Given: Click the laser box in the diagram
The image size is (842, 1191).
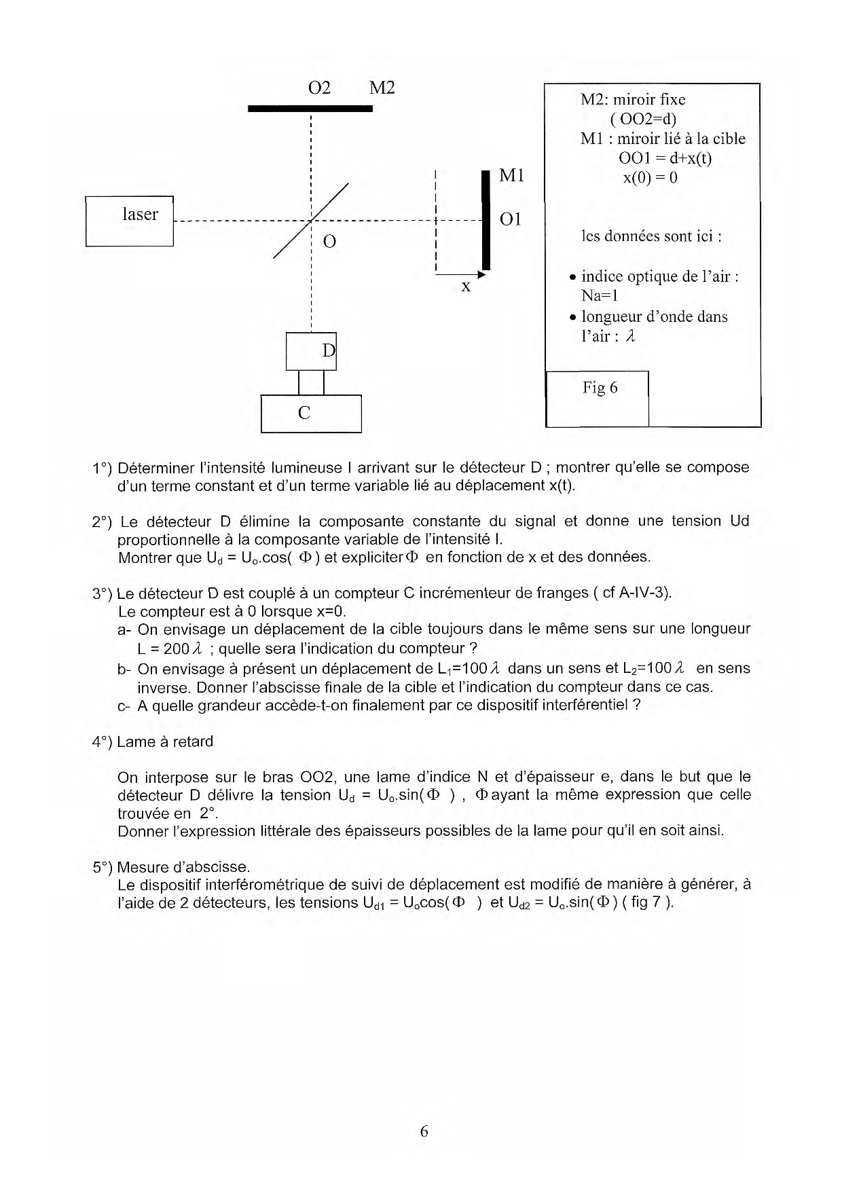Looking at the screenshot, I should pyautogui.click(x=129, y=221).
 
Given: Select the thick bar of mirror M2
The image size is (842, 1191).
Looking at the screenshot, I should pyautogui.click(x=310, y=108).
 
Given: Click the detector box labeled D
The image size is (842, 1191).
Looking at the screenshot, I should pyautogui.click(x=311, y=351).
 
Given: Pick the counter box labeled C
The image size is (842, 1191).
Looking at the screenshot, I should pyautogui.click(x=311, y=414).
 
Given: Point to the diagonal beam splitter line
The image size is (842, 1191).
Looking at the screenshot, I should pyautogui.click(x=311, y=221).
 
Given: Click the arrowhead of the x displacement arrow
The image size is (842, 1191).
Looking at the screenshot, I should pyautogui.click(x=481, y=274).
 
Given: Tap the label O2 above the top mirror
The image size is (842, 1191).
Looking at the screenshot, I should pyautogui.click(x=319, y=88).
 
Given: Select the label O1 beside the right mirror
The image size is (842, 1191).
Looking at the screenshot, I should pyautogui.click(x=510, y=219).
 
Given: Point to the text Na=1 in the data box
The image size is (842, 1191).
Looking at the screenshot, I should pyautogui.click(x=600, y=295).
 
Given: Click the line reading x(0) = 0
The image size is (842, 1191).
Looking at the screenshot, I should pyautogui.click(x=650, y=178).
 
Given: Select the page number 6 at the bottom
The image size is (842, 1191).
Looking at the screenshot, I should pyautogui.click(x=424, y=1131).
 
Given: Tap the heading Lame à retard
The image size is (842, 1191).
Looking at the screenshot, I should pyautogui.click(x=165, y=741).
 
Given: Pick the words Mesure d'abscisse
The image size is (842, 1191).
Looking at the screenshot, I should pyautogui.click(x=183, y=867).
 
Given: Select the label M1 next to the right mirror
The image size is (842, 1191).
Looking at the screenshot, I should pyautogui.click(x=511, y=175).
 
